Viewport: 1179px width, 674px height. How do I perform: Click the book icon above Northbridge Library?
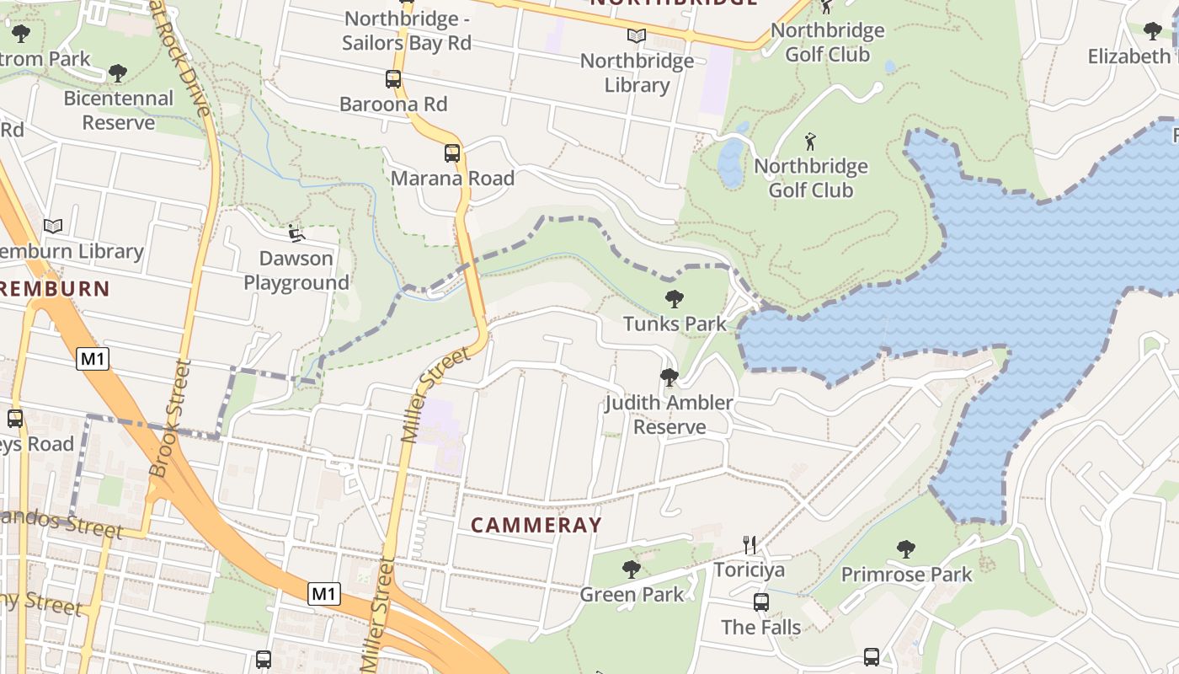pyautogui.click(x=637, y=35)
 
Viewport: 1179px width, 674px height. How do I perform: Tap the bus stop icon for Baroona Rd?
pyautogui.click(x=393, y=79)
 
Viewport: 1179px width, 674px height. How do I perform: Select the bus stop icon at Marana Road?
pyautogui.click(x=452, y=153)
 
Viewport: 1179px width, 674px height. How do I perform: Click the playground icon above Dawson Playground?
pyautogui.click(x=296, y=233)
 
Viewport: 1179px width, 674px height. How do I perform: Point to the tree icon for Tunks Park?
pyautogui.click(x=674, y=298)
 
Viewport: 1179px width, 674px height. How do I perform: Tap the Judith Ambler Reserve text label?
pyautogui.click(x=670, y=415)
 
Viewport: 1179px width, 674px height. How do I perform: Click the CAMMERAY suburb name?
pyautogui.click(x=536, y=525)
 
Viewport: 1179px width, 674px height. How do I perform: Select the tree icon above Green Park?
pyautogui.click(x=631, y=570)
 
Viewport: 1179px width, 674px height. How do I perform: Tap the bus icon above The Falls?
pyautogui.click(x=761, y=602)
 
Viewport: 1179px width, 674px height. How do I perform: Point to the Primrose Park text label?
pyautogui.click(x=906, y=575)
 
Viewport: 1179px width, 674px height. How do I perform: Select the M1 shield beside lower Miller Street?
pyautogui.click(x=323, y=594)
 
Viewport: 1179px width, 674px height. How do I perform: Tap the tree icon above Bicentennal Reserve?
pyautogui.click(x=118, y=73)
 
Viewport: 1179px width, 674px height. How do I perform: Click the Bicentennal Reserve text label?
pyautogui.click(x=119, y=110)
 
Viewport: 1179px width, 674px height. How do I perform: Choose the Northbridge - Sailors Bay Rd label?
pyautogui.click(x=407, y=30)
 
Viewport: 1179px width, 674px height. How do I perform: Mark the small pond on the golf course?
pyautogui.click(x=730, y=162)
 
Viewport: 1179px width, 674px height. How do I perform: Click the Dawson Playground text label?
pyautogui.click(x=296, y=270)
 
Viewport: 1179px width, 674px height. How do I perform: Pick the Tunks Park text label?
pyautogui.click(x=674, y=324)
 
